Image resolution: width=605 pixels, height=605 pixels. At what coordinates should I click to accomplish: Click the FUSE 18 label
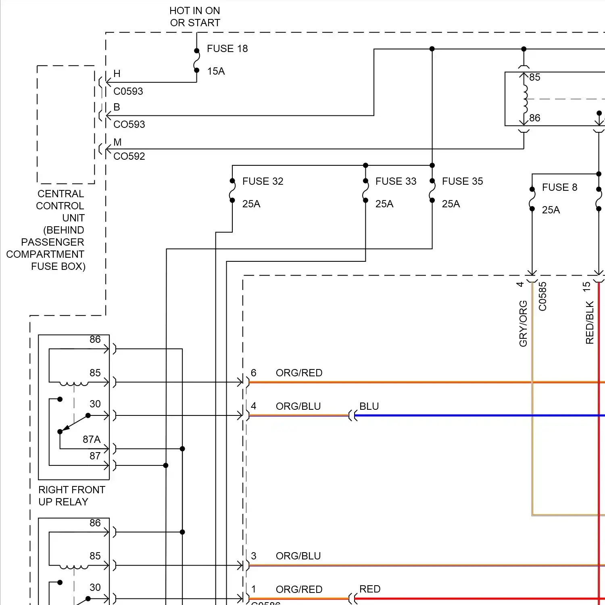pos(227,49)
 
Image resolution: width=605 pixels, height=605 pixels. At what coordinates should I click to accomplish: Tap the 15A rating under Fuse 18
pos(216,71)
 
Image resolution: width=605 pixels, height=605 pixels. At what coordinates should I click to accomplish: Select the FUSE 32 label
pos(263,181)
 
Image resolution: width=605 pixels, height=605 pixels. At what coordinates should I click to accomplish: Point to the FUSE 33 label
pos(396,181)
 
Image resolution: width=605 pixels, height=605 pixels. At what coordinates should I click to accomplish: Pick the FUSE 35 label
pos(462,181)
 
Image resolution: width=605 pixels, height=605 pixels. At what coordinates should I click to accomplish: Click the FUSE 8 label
pos(559,188)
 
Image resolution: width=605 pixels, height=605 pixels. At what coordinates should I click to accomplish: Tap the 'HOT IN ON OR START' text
pos(195,17)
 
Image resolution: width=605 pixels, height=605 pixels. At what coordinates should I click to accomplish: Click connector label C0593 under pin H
pos(128,92)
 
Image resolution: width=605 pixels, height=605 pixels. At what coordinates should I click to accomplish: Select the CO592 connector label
pos(129,156)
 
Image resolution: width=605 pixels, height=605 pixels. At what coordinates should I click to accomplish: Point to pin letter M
pos(117,142)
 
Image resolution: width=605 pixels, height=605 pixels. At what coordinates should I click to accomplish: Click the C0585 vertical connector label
pos(543,296)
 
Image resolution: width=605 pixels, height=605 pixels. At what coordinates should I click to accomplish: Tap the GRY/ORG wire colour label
pos(523,323)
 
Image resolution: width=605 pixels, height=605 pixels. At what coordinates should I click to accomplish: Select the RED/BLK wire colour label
pos(590,323)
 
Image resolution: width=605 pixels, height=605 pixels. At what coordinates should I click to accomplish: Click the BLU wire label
pos(369,407)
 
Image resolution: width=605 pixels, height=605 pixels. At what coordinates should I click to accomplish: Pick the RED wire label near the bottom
pos(370,589)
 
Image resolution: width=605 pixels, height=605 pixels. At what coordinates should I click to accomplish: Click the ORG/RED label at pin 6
pos(299,373)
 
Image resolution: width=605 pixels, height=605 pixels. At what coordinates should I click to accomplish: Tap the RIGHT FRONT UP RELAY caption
pos(71,496)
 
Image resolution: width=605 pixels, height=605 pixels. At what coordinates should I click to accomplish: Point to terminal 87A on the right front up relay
pos(92,440)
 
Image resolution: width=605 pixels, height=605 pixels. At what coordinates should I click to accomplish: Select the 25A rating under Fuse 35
pos(451,204)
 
